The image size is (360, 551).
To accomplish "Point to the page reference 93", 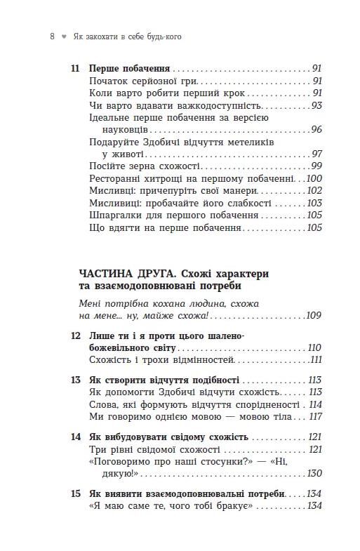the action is tap(316, 105).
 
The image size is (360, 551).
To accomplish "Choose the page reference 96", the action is tap(316, 130).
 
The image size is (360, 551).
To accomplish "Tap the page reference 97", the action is tap(316, 154).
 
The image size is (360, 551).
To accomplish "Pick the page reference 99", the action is tap(316, 166).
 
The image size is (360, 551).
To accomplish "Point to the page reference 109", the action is tap(314, 316).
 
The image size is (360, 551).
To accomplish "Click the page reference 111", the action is tap(315, 359).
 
